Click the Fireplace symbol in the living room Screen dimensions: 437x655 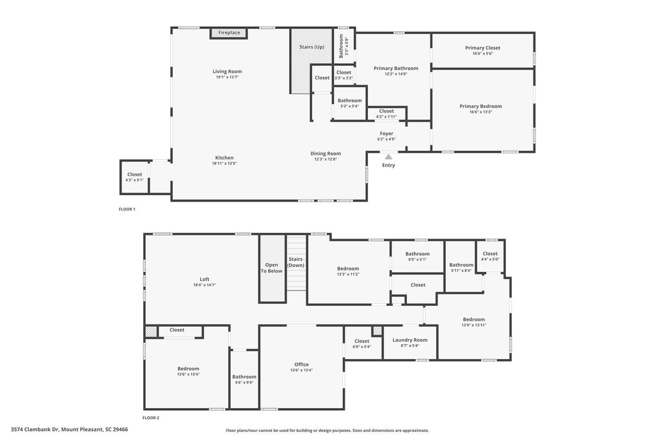[229, 33]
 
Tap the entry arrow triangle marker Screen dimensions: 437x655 [388, 155]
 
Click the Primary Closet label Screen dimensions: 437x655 [482, 48]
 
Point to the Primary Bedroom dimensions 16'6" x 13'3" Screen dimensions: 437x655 [480, 112]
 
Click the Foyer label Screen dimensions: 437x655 [386, 134]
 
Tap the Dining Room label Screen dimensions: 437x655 [326, 154]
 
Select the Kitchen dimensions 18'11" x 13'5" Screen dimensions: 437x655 [224, 163]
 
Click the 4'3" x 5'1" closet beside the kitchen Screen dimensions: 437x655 [134, 177]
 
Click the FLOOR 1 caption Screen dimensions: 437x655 [127, 209]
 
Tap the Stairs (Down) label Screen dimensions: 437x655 [296, 262]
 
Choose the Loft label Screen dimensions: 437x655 [205, 279]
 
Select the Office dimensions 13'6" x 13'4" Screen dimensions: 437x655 [301, 370]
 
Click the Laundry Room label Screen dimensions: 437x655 [409, 340]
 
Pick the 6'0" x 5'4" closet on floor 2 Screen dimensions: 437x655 [361, 344]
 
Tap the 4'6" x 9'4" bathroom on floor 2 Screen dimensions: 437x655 [244, 379]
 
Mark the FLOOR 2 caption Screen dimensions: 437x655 [150, 418]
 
